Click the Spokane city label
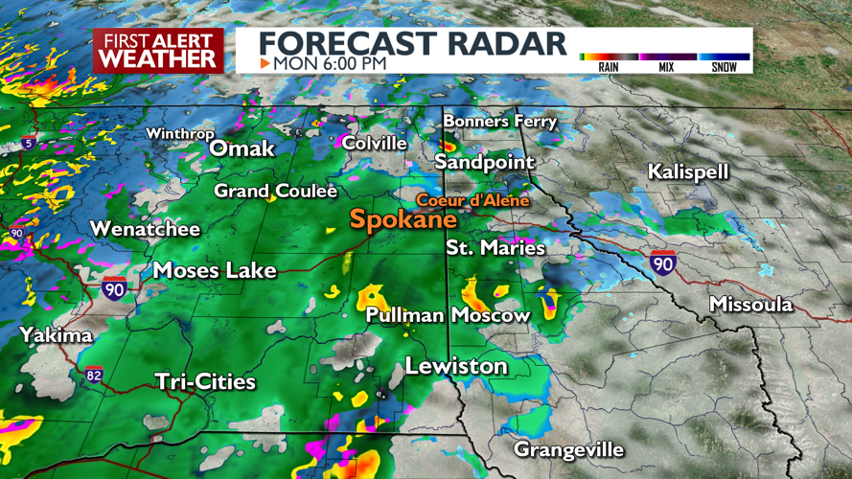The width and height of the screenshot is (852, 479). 403,219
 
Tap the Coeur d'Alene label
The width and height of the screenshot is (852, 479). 472,200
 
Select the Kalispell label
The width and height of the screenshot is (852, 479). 688,172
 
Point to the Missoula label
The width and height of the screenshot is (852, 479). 750,305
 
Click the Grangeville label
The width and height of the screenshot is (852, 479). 568,449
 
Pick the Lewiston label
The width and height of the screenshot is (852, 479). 456,366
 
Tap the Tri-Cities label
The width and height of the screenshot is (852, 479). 205,382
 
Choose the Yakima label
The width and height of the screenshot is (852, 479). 58,335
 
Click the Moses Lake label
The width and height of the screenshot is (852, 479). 215,270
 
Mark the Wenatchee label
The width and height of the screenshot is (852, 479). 145,229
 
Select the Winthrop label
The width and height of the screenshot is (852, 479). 179,134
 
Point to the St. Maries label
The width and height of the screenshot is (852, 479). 495,248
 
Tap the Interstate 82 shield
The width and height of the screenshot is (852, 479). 93,374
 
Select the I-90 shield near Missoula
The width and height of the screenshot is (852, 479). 661,262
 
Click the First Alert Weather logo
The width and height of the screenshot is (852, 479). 158,51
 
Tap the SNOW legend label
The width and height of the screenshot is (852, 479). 724,67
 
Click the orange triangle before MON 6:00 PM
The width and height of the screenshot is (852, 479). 265,63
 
